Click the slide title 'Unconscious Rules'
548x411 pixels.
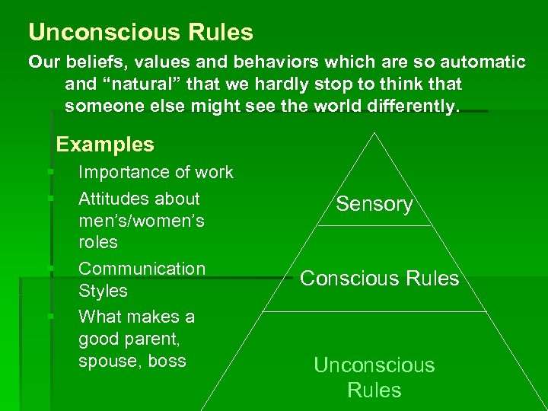pos(141,33)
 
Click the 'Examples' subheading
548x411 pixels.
pos(105,144)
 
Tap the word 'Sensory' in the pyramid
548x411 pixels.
pos(374,204)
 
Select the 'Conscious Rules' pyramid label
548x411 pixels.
pos(380,279)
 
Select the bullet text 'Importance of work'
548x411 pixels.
pos(156,172)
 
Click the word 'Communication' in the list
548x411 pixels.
pos(142,269)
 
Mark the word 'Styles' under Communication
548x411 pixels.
pos(103,291)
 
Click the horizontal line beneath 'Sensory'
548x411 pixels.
pos(374,226)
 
